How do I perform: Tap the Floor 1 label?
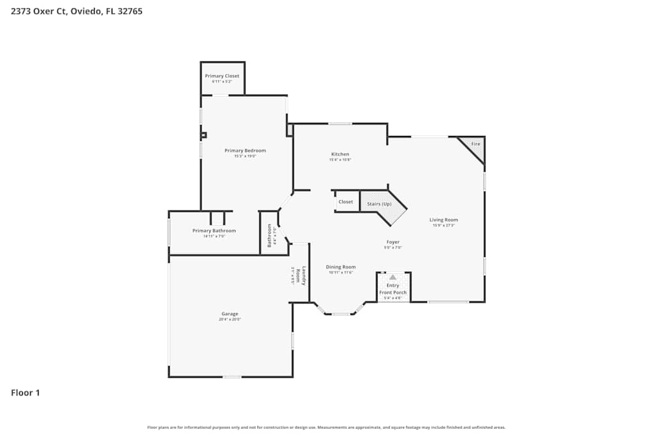[25, 393]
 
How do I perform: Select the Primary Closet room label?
[222, 76]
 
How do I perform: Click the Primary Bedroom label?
[245, 150]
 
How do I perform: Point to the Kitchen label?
[340, 154]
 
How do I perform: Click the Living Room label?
[443, 220]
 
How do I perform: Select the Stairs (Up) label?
[379, 204]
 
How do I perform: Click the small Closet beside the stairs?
[345, 202]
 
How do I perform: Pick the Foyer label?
[392, 242]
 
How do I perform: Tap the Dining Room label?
[341, 267]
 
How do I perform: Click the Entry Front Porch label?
[392, 289]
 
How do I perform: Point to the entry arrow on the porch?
[392, 277]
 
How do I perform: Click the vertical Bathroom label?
[269, 235]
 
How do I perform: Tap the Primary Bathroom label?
[214, 231]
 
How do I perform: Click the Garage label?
[229, 314]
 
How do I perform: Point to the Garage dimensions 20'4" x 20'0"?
[229, 319]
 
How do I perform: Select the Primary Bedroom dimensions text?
[245, 156]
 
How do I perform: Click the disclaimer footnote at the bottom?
[326, 428]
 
